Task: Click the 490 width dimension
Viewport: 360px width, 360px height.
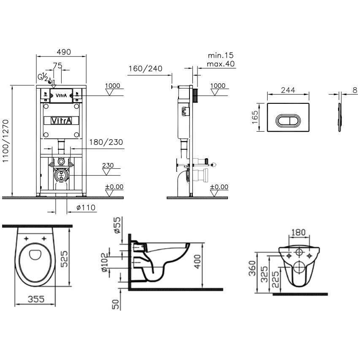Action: [64, 52]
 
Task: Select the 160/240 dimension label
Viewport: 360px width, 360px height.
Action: [145, 68]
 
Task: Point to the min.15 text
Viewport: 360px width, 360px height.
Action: [221, 55]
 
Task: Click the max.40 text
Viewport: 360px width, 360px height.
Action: [221, 64]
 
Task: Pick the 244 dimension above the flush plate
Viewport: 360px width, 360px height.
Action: [288, 90]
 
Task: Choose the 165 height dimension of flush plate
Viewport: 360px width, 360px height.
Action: [255, 117]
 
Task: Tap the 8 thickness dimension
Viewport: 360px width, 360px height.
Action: [355, 90]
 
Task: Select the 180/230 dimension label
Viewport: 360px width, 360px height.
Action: [106, 142]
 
